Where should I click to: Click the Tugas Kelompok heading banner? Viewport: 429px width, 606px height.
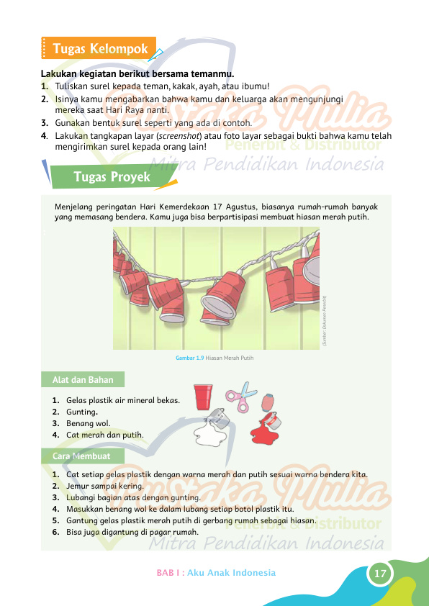(99, 48)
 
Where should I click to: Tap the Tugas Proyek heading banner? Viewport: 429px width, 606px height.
(112, 176)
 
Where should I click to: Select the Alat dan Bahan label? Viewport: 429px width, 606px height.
(83, 379)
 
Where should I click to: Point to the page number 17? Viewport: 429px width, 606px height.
(380, 573)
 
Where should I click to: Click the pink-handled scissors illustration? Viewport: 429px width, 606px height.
(242, 397)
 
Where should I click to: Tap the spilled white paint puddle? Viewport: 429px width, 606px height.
(210, 433)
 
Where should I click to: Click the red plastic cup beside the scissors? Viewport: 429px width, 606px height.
(203, 397)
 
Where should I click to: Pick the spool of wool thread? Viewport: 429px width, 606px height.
(268, 403)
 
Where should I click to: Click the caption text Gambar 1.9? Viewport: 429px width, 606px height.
(189, 358)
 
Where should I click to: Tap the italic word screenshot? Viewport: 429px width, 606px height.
(179, 136)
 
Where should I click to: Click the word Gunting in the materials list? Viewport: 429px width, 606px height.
(81, 412)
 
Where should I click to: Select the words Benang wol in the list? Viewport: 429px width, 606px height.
(88, 423)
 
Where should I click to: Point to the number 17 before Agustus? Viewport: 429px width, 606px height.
(217, 207)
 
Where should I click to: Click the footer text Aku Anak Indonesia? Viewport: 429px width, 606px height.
(231, 573)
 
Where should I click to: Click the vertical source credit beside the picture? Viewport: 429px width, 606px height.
(325, 321)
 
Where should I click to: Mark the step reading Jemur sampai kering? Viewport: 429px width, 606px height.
(105, 486)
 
